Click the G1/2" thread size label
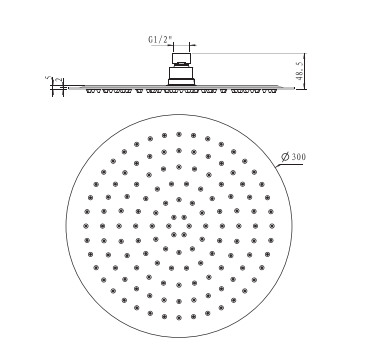[161, 40]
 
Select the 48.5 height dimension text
[300, 71]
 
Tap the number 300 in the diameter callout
[299, 157]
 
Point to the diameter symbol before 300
[285, 157]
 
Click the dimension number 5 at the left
[49, 78]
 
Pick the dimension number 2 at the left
[59, 80]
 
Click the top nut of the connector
[182, 58]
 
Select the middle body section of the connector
[181, 73]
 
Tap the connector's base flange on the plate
[181, 82]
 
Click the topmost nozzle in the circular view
[179, 134]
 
